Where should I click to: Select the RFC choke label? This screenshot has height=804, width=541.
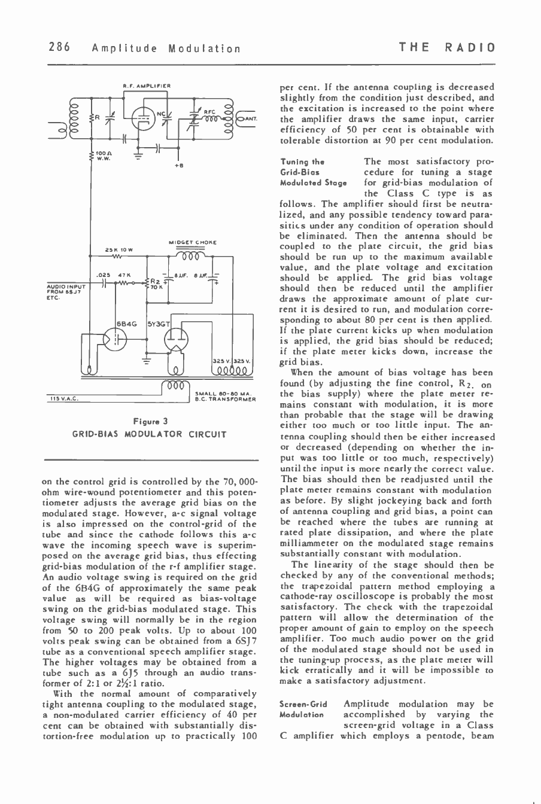click(209, 110)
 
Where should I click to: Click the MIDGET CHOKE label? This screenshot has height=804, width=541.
click(189, 242)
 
